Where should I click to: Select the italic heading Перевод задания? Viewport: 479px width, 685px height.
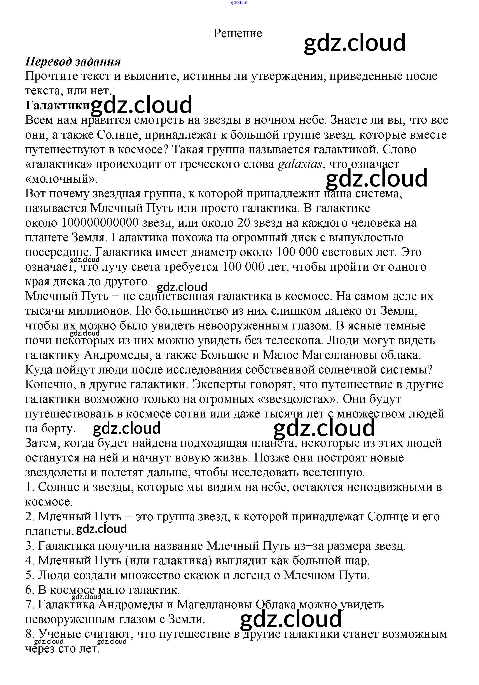[73, 62]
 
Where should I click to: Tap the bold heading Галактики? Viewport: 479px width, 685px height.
[57, 105]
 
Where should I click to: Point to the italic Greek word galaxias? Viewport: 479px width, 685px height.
[300, 164]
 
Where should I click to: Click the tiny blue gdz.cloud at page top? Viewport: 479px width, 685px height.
[239, 2]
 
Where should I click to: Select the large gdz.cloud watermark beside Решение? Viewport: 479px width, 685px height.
[354, 42]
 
